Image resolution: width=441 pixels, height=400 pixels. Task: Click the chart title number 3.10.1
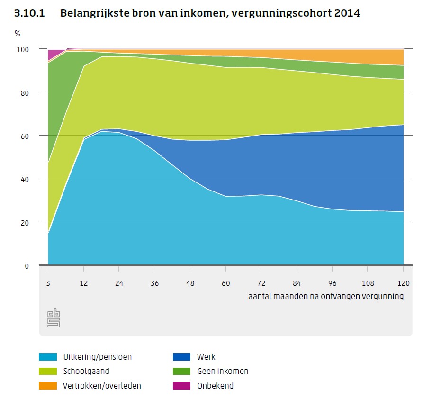[x=29, y=13]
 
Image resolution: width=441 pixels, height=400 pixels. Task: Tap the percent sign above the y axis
[x=18, y=34]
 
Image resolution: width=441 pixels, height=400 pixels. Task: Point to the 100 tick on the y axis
[x=23, y=50]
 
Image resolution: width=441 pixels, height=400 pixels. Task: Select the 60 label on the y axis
[x=25, y=136]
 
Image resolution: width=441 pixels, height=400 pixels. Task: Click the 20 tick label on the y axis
[x=25, y=223]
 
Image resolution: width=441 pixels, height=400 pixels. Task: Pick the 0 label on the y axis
[x=27, y=266]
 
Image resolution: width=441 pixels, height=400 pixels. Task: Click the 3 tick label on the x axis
[x=48, y=283]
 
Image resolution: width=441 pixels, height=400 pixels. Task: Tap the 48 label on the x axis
[x=190, y=283]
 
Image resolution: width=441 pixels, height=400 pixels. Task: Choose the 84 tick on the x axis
[x=297, y=283]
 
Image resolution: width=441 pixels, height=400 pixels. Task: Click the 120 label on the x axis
[x=403, y=283]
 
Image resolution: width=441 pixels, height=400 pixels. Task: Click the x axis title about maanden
[x=326, y=296]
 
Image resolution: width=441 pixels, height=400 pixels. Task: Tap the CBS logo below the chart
[x=54, y=318]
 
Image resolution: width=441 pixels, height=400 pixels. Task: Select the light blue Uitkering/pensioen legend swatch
[x=48, y=357]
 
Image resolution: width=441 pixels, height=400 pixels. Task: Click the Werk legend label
[x=206, y=357]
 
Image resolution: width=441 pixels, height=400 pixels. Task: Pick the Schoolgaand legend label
[x=86, y=371]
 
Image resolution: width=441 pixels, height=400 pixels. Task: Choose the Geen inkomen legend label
[x=223, y=371]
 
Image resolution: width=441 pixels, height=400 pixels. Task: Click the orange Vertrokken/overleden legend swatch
[x=48, y=386]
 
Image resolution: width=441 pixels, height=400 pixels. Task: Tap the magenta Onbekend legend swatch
[x=182, y=386]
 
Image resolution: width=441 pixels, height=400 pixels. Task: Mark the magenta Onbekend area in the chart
[x=54, y=54]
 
